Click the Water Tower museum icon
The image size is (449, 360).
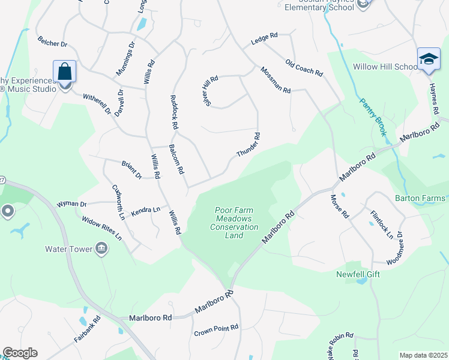coord(101,248)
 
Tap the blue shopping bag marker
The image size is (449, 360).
coord(64,72)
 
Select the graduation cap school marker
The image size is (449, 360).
coord(428,59)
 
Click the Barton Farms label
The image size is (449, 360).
coord(420,198)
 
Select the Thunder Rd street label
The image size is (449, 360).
coord(249,145)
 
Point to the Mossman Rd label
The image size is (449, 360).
coord(276,80)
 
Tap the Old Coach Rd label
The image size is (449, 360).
coord(304,68)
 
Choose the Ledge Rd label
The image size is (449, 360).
coord(264,37)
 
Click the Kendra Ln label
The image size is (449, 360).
coord(146,210)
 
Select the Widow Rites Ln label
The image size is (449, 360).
coord(102,229)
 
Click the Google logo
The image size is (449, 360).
coord(20,353)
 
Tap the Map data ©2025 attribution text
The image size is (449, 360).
coord(423,355)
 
